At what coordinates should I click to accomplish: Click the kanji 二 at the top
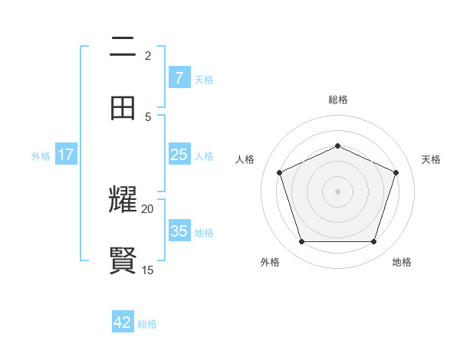(123, 47)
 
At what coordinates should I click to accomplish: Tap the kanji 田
(123, 108)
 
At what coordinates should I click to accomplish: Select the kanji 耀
(123, 200)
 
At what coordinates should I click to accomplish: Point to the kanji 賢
(123, 261)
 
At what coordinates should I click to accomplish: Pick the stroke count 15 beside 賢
(147, 270)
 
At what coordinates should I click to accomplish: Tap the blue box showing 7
(179, 77)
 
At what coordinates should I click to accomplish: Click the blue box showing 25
(179, 155)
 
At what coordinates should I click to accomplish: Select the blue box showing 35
(179, 231)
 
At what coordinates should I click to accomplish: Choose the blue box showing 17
(65, 155)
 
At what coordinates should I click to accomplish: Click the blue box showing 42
(123, 322)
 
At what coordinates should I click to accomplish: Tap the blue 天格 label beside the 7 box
(204, 79)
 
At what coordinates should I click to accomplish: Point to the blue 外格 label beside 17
(41, 155)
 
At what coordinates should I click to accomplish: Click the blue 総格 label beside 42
(147, 324)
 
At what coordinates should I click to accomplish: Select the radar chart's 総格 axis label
(337, 100)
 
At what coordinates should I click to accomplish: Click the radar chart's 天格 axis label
(431, 159)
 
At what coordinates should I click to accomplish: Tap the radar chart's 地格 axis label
(402, 262)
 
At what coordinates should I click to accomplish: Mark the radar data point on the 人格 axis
(279, 172)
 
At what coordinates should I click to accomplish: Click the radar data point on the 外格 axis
(301, 242)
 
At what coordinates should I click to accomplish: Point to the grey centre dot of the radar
(337, 191)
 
